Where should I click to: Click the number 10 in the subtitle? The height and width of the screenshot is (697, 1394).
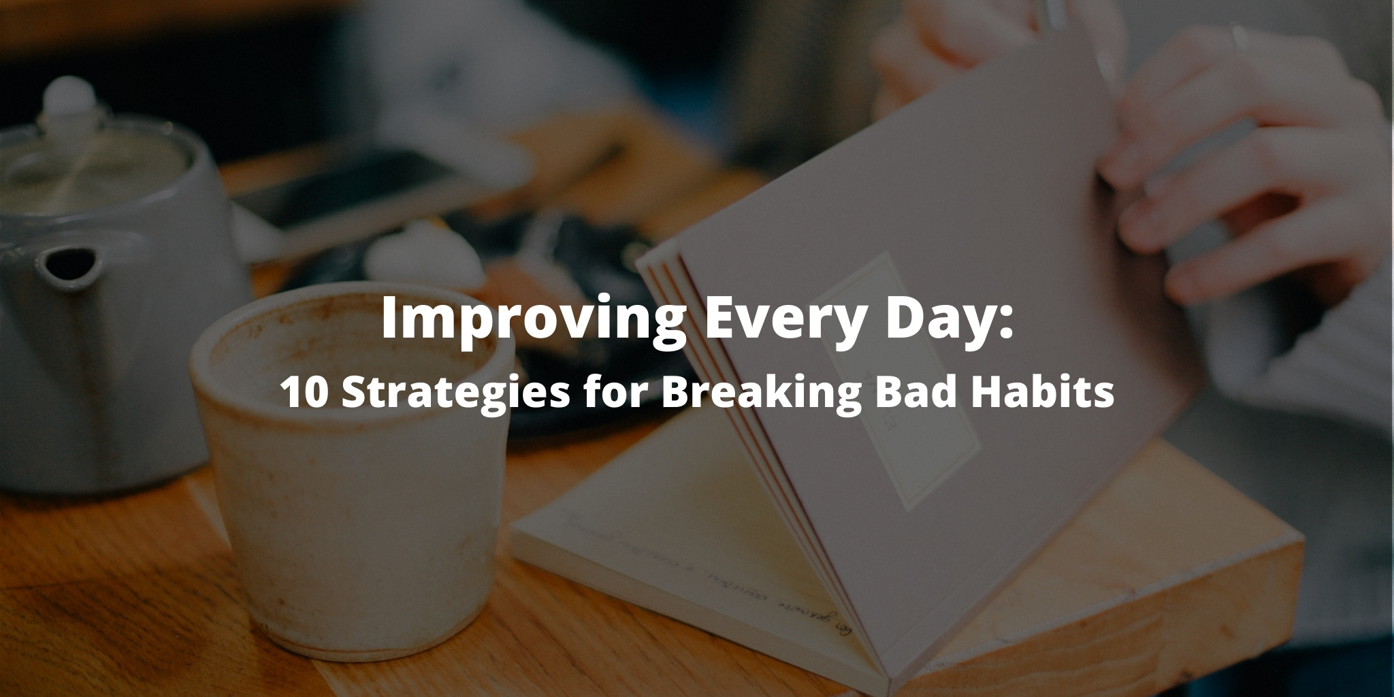(x=304, y=393)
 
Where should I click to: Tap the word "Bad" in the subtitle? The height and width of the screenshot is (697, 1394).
(x=903, y=393)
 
